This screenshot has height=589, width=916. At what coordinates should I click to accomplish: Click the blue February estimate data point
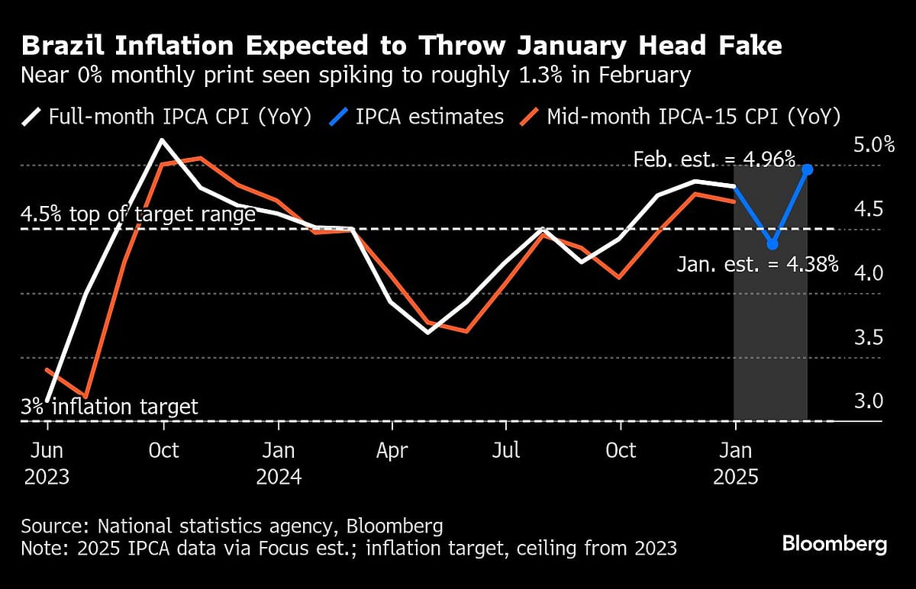click(x=808, y=169)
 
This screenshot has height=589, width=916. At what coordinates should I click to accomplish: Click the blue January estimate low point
click(x=772, y=244)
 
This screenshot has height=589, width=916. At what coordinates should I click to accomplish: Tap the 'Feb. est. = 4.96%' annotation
click(x=714, y=159)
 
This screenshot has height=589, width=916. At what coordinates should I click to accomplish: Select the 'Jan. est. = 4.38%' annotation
click(x=758, y=265)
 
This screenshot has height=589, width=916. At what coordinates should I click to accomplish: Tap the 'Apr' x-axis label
click(x=392, y=451)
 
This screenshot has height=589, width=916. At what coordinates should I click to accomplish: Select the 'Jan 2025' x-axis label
click(x=735, y=463)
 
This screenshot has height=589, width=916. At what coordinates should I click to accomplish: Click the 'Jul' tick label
click(x=506, y=451)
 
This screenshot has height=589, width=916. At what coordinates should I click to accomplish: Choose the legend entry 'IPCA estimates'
click(x=418, y=117)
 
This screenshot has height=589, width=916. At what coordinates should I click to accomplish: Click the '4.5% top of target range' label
click(x=138, y=214)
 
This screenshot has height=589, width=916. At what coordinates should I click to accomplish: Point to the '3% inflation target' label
click(x=110, y=407)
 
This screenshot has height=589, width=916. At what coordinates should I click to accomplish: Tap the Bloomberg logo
click(x=834, y=544)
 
